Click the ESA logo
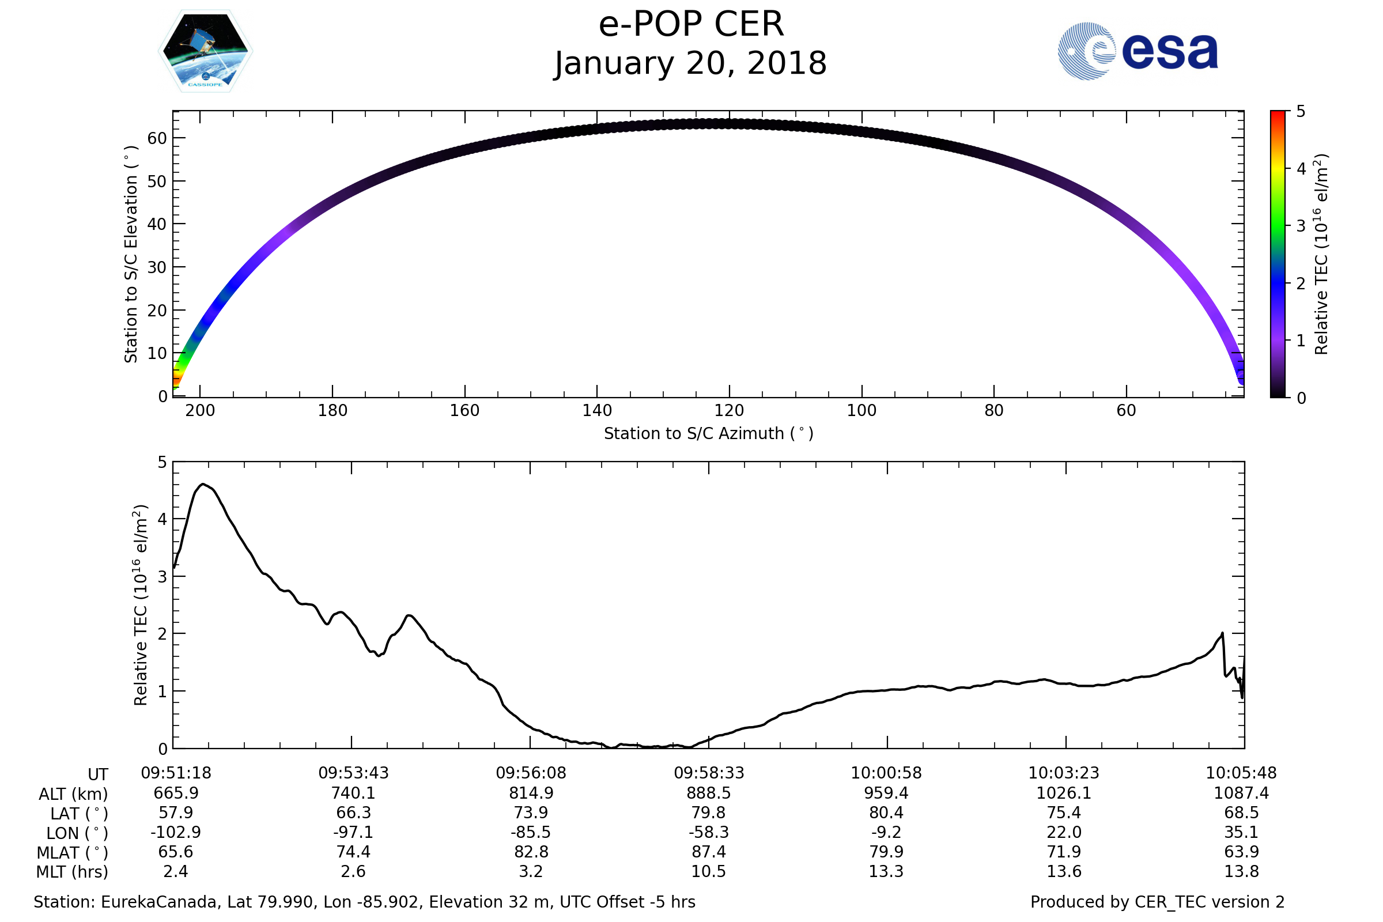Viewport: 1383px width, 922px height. point(1137,51)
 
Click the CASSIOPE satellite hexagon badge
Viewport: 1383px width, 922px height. point(206,51)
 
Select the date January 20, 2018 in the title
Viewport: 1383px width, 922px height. point(691,63)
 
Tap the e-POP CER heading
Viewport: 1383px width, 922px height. point(691,25)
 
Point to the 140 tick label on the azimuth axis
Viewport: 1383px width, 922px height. point(598,410)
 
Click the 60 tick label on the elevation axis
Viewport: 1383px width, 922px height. point(157,138)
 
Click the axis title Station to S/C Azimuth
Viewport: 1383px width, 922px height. point(709,433)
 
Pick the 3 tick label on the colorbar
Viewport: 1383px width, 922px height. point(1301,226)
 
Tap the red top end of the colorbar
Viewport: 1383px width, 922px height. point(1278,114)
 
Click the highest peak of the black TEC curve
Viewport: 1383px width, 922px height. point(203,484)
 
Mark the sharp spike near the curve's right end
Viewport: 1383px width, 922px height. point(1222,633)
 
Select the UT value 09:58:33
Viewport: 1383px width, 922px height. point(709,773)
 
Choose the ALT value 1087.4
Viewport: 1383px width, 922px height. point(1241,793)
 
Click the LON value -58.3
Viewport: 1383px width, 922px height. point(709,832)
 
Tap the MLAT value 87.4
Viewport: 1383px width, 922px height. point(709,852)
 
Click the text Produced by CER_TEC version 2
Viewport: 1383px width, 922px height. point(1157,902)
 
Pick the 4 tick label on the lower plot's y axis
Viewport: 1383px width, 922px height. point(163,519)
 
